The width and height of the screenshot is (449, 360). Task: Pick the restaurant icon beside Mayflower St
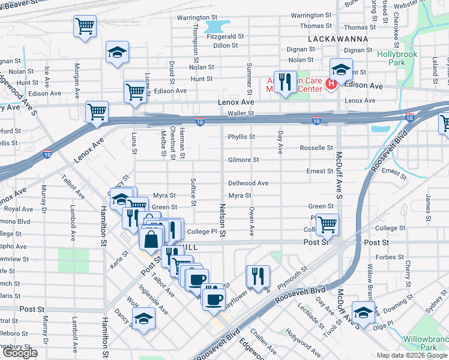click(x=258, y=277)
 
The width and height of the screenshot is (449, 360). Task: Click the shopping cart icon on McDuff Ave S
click(x=327, y=225)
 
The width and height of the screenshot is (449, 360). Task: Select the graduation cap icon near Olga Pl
click(x=363, y=312)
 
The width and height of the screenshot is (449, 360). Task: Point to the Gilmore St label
click(x=243, y=160)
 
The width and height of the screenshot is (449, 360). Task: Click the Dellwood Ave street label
click(x=248, y=183)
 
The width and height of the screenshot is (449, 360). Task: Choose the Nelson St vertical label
click(x=222, y=219)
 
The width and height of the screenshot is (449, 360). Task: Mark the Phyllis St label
click(x=241, y=137)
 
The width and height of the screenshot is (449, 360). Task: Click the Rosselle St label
click(x=316, y=148)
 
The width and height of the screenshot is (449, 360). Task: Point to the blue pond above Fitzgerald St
click(x=217, y=26)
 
